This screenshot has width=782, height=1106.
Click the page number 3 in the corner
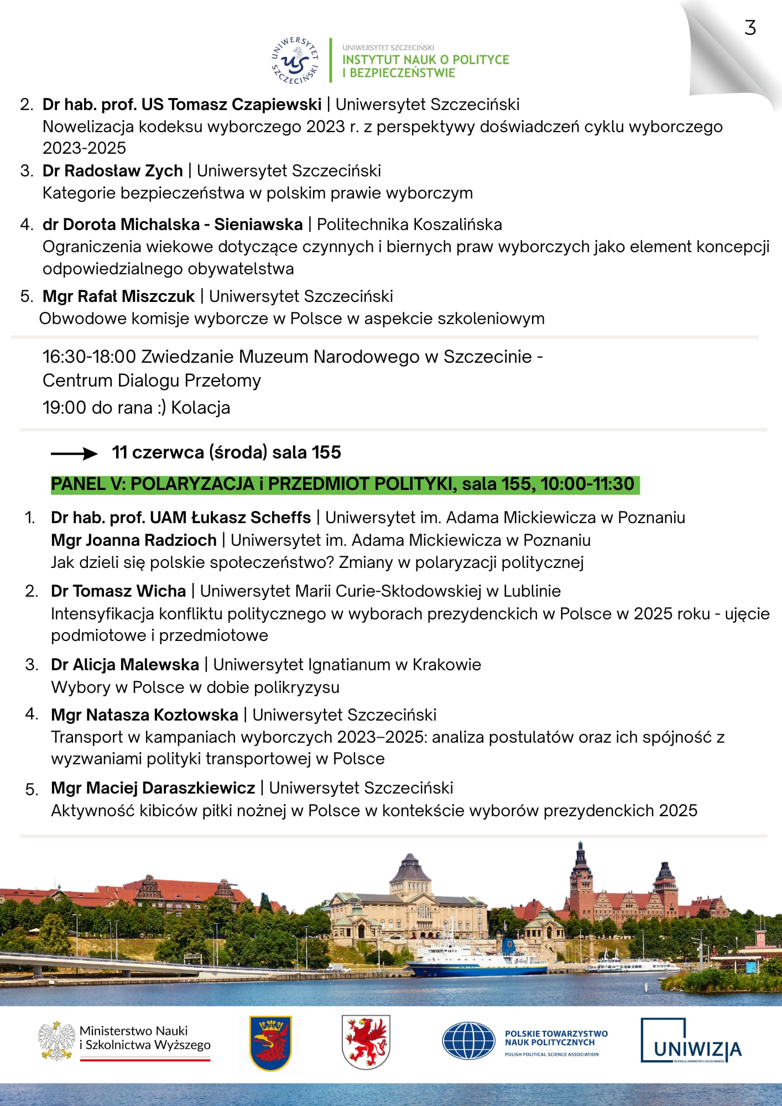point(750,28)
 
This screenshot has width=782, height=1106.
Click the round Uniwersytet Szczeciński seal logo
point(295,61)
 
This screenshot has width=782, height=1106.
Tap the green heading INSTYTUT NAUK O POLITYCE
point(425,60)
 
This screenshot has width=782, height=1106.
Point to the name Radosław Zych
point(123,171)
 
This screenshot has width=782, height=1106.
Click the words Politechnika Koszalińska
point(409,225)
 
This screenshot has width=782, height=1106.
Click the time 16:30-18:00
point(89,357)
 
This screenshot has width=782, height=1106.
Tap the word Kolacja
point(200,408)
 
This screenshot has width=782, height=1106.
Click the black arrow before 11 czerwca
point(74,454)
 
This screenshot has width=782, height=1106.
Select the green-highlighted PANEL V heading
point(343,484)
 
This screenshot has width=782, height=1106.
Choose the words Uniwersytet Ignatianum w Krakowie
point(347,665)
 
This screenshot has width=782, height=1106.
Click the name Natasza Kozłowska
point(162,715)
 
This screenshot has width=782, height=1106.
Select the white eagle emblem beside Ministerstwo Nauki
point(56,1041)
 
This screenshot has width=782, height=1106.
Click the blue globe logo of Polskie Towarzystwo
point(468,1041)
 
